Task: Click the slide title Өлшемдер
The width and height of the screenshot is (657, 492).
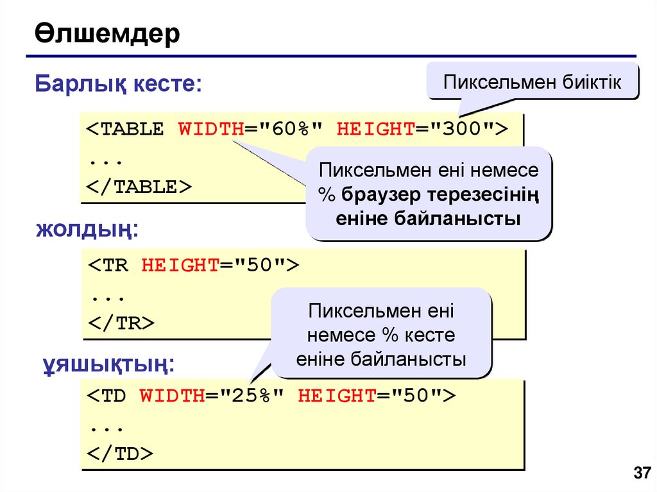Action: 107,35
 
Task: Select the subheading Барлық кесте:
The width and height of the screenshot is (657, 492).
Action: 118,84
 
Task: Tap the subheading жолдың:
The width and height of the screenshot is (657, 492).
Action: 87,229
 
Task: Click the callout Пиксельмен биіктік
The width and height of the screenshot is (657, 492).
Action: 533,81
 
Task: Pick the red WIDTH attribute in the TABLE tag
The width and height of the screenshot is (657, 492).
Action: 210,129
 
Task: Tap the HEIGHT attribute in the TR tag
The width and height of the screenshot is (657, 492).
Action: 180,266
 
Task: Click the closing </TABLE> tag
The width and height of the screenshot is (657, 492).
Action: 139,187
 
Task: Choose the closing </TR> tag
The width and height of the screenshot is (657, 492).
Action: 121,323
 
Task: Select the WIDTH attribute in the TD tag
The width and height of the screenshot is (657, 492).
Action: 171,396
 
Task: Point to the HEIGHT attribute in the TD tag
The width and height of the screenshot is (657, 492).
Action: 336,396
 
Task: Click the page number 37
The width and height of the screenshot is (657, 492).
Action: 642,473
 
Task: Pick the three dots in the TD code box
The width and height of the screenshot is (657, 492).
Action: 107,426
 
